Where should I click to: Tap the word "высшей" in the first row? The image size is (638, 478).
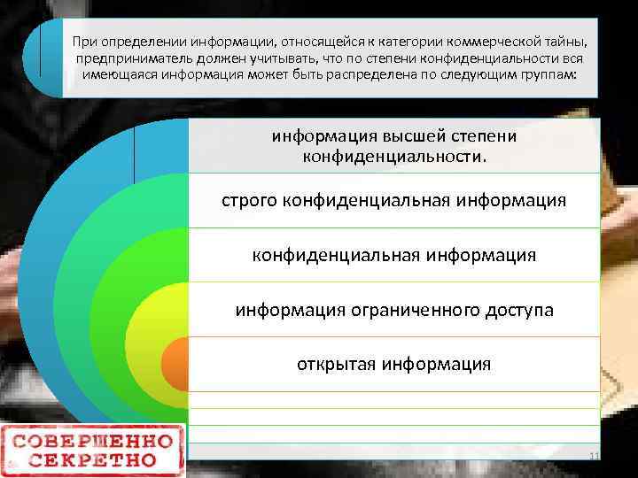421,137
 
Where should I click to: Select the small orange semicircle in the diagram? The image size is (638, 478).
175,363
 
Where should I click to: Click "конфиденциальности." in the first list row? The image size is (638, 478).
394,156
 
